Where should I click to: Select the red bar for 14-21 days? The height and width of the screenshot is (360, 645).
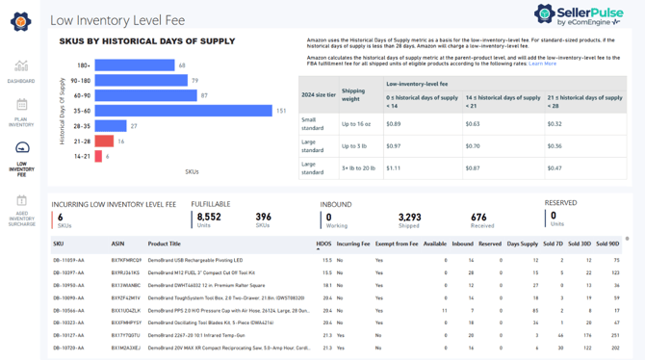pos(99,156)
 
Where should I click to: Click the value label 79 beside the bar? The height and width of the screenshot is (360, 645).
pos(195,81)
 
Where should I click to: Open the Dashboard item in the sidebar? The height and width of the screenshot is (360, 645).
pos(21,72)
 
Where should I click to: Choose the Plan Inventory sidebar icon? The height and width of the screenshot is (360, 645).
pos(21,112)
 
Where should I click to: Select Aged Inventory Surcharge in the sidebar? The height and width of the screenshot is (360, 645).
pos(21,212)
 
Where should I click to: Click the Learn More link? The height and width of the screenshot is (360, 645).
pos(542,64)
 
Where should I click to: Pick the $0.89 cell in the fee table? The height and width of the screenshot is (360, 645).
pos(393,123)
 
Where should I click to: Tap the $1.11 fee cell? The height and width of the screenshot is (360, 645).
pos(393,167)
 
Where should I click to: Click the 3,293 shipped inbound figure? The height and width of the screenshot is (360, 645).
pos(410,218)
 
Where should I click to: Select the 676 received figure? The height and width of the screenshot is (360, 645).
pos(478,218)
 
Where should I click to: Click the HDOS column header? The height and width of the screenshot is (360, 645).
pos(323,244)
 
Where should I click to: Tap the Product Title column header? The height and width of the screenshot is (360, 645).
pos(164,244)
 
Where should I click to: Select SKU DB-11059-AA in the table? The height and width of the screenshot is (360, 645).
pos(68,260)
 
